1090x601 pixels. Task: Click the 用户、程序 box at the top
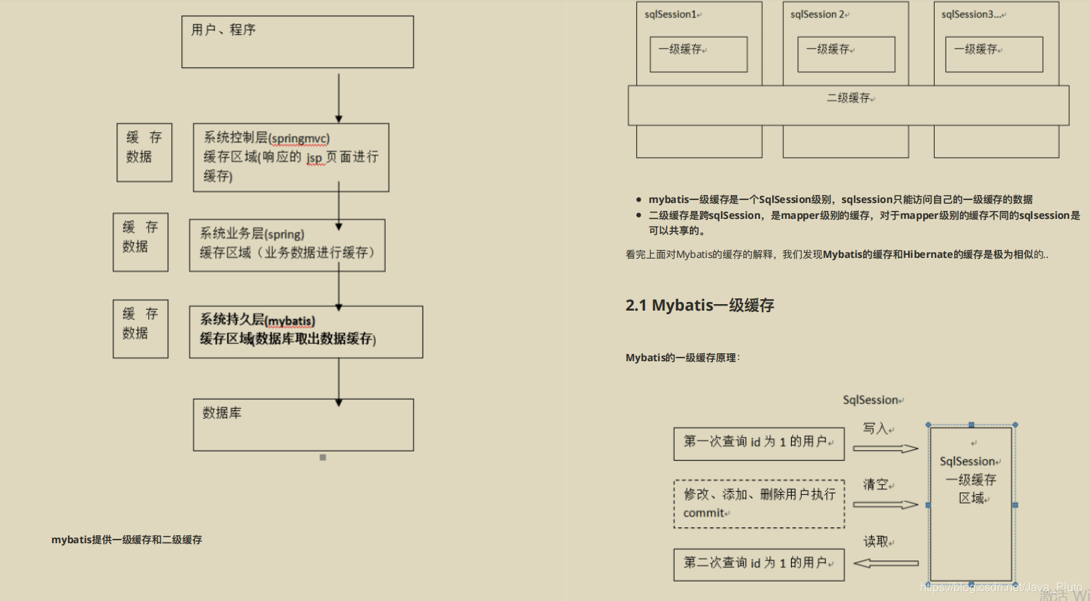coord(297,42)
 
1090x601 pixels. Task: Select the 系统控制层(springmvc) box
coord(290,157)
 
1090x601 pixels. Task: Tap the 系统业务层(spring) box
coord(287,245)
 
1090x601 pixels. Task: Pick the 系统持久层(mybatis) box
coord(306,332)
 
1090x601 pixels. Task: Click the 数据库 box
coord(303,425)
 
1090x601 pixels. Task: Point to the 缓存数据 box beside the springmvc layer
coord(144,152)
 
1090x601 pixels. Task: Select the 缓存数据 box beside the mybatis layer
coord(140,329)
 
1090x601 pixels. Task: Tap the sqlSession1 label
coord(671,14)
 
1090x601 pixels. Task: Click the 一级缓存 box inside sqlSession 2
coord(846,54)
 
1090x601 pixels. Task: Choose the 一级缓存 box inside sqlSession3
coord(994,54)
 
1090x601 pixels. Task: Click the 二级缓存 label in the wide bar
coord(849,98)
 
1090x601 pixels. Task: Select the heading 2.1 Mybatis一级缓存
coord(699,306)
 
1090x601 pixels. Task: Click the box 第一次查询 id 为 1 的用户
coord(758,443)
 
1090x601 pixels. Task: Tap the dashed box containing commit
coord(758,503)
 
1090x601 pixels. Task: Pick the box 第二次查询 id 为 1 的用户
coord(758,563)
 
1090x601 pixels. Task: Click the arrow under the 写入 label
coord(885,449)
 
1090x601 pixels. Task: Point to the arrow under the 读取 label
coord(886,563)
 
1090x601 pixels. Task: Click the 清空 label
coord(875,485)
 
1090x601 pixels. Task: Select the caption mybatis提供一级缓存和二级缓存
coord(126,540)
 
